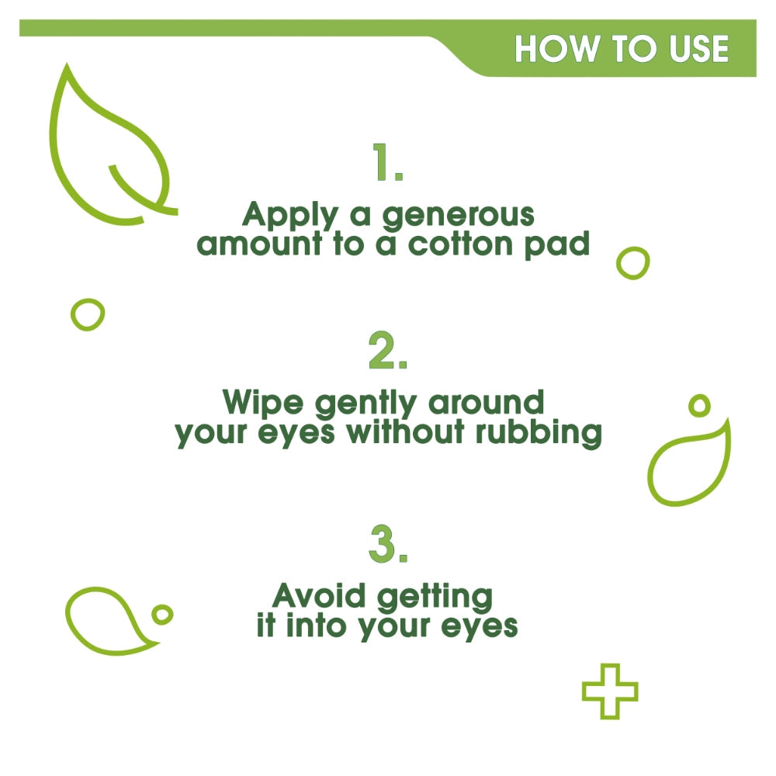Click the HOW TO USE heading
click(x=622, y=48)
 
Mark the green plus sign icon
click(x=610, y=691)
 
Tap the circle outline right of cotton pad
click(x=632, y=263)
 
